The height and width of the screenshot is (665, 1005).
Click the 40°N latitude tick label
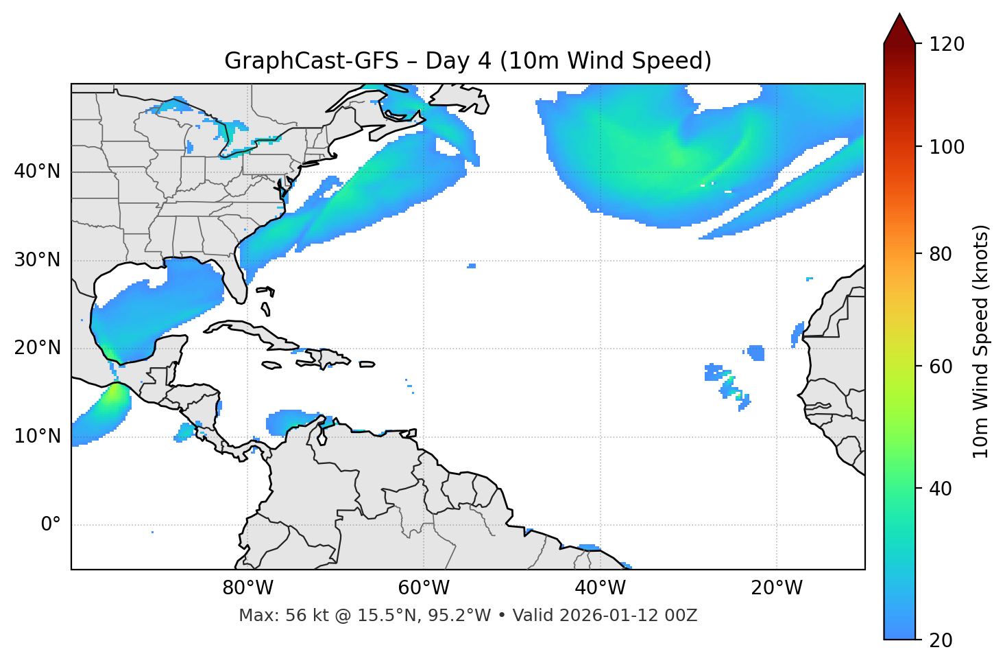[x=37, y=172]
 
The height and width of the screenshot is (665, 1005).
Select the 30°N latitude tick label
[x=37, y=260]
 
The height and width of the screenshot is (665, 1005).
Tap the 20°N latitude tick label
[x=37, y=348]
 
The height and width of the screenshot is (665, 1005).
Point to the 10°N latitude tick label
[x=37, y=436]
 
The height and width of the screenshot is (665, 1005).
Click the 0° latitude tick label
[x=51, y=525]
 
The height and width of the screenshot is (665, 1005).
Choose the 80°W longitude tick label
[x=247, y=588]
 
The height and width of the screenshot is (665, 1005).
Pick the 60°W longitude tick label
[x=424, y=588]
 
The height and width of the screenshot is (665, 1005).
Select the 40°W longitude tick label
[x=600, y=588]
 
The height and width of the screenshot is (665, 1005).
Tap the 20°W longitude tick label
[x=776, y=588]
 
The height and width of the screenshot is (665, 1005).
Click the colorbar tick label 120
[x=947, y=45]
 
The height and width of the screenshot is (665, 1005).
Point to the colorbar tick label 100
[x=947, y=147]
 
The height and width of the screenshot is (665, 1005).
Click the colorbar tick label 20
[x=941, y=640]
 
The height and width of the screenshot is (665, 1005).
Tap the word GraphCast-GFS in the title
[x=311, y=61]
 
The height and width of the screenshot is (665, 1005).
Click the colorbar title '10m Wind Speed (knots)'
[x=981, y=342]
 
